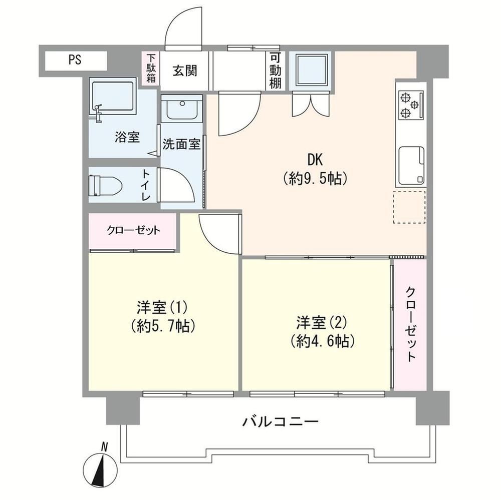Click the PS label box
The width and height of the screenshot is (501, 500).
(x=76, y=61)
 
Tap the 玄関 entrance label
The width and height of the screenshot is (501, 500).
(x=185, y=71)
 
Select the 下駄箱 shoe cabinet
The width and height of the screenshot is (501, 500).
(x=151, y=69)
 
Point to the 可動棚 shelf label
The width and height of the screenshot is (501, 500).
(x=275, y=71)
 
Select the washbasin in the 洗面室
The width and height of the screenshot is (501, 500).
(x=182, y=108)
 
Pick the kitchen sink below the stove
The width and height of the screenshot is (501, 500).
(x=411, y=165)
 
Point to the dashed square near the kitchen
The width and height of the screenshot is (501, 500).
(x=409, y=207)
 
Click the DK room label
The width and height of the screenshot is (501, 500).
(x=315, y=160)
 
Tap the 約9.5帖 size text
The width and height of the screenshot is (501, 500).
(x=315, y=179)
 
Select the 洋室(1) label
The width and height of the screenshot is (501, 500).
(x=162, y=308)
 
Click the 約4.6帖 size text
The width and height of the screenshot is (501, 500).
(x=322, y=342)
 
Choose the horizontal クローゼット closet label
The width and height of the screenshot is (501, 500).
(x=133, y=230)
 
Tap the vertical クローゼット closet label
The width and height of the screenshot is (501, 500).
(x=411, y=324)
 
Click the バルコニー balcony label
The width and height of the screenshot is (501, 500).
(x=280, y=422)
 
